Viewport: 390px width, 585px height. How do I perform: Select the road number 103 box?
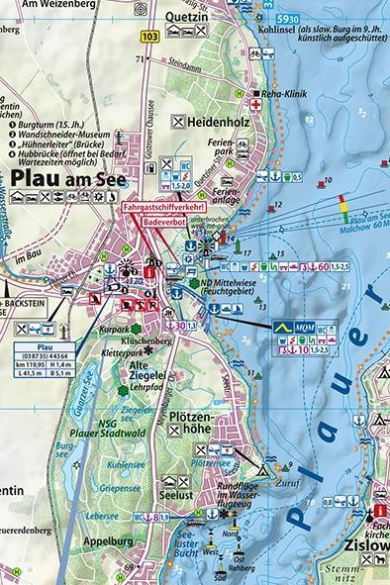149,37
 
